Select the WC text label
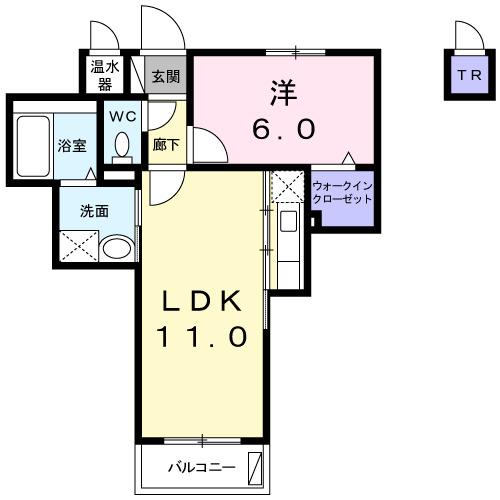point(121,116)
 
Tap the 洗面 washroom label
point(94,212)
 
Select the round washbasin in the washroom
point(116,247)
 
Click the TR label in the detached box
point(467,75)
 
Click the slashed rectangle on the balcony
point(256,467)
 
